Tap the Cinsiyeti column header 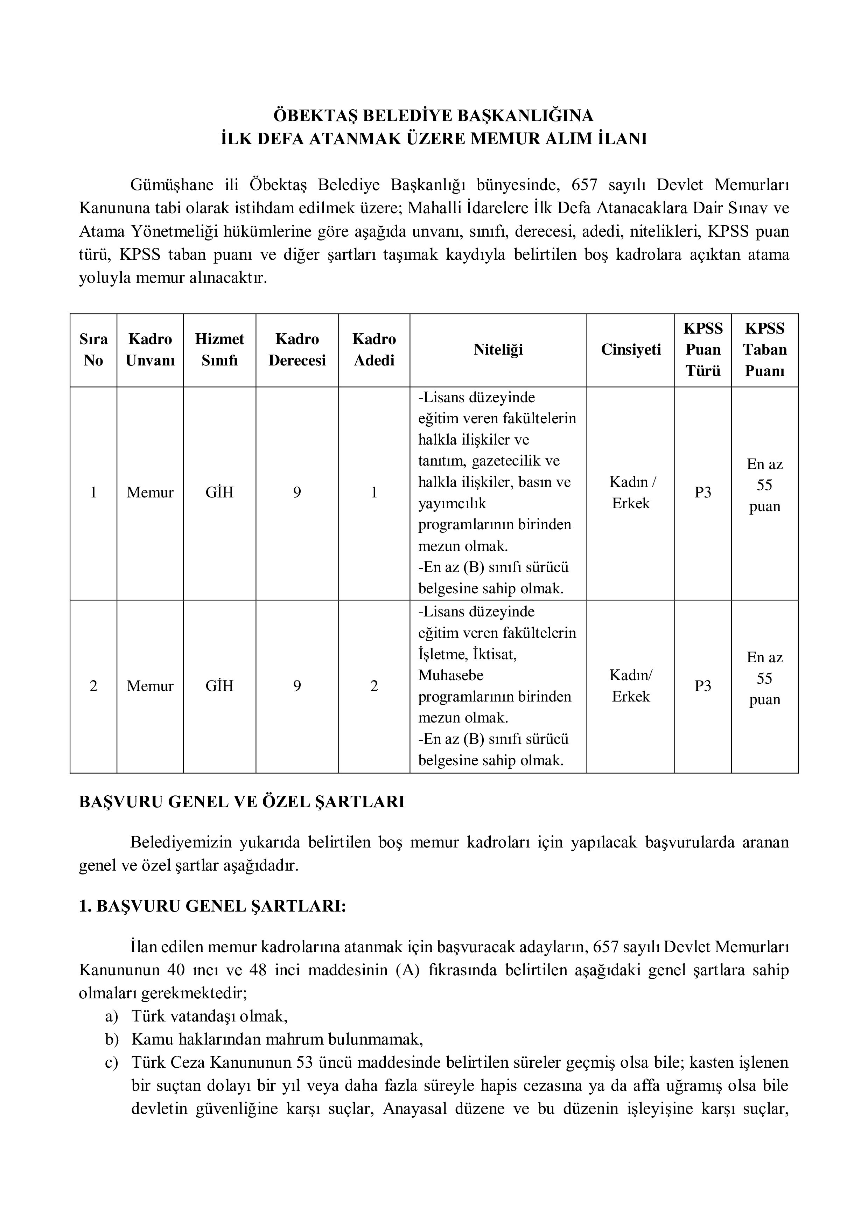pyautogui.click(x=631, y=350)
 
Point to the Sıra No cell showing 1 pyautogui.click(x=93, y=493)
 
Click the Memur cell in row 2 pyautogui.click(x=150, y=686)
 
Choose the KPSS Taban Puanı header pyautogui.click(x=764, y=350)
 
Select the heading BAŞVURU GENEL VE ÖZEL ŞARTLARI pyautogui.click(x=242, y=802)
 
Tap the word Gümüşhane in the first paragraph pyautogui.click(x=171, y=185)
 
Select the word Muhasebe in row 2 pyautogui.click(x=450, y=676)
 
